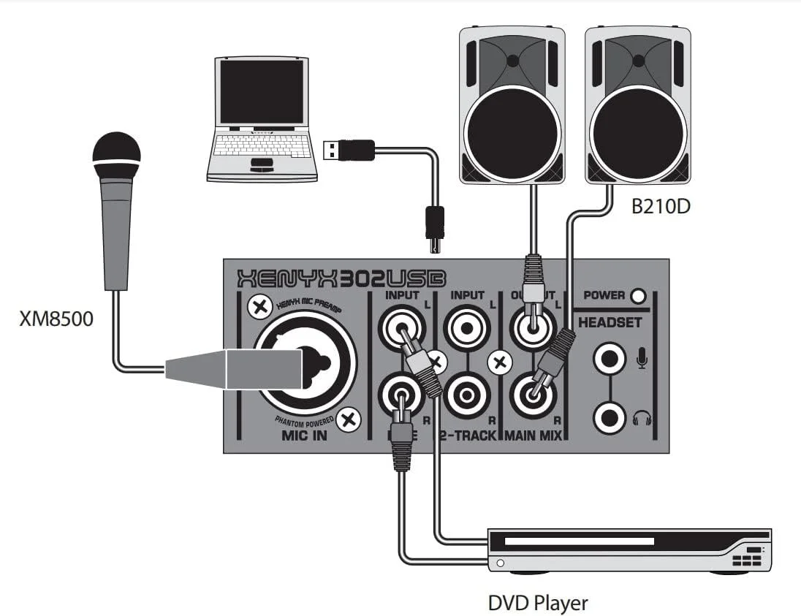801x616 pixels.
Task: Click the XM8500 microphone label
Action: click(56, 319)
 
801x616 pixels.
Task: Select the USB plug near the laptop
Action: click(349, 150)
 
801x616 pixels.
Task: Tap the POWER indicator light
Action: click(638, 296)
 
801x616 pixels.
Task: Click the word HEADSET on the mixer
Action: click(610, 322)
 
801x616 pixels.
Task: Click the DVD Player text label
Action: click(537, 603)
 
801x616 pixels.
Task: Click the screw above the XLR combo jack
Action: click(257, 308)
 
